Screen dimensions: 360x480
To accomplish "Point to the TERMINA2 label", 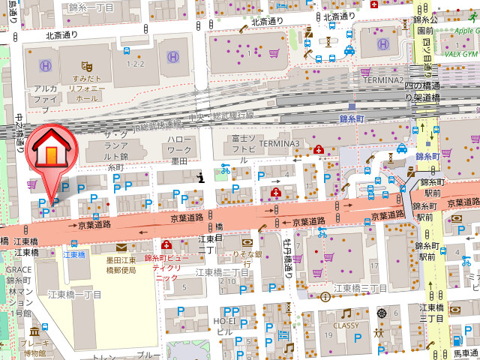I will [382, 79].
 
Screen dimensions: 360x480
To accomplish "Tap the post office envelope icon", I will [121, 247].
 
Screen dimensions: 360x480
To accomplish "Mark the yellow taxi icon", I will [349, 49].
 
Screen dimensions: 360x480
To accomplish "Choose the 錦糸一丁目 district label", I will [91, 7].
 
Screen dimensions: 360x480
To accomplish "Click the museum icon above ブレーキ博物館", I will [34, 331].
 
